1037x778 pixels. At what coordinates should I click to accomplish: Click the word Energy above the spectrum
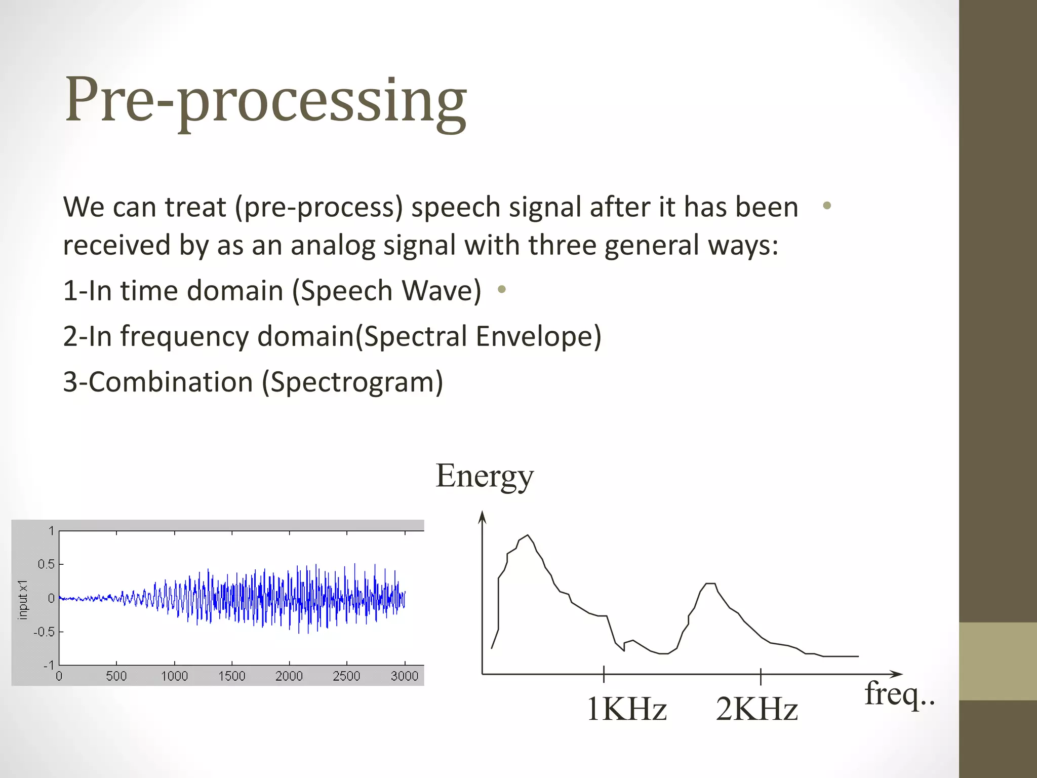coord(485,476)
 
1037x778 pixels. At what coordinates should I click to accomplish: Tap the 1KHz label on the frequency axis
coord(626,709)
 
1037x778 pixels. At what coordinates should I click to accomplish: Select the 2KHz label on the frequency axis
coord(757,709)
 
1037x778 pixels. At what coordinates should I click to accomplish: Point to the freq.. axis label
coord(899,694)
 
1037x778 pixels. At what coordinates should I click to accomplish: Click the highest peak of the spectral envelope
coord(528,535)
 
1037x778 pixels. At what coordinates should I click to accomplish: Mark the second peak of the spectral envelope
coord(710,584)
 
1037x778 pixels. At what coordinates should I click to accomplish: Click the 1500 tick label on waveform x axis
coord(232,676)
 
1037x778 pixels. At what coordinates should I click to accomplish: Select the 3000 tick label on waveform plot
coord(405,676)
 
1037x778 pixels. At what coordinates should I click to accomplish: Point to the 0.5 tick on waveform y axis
coord(46,564)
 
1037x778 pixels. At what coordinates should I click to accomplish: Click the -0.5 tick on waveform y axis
coord(44,632)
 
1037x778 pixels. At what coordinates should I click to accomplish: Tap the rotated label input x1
coord(22,600)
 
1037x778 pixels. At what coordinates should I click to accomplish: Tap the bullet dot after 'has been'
coord(827,206)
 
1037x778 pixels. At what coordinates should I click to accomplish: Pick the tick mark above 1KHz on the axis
coord(604,674)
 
